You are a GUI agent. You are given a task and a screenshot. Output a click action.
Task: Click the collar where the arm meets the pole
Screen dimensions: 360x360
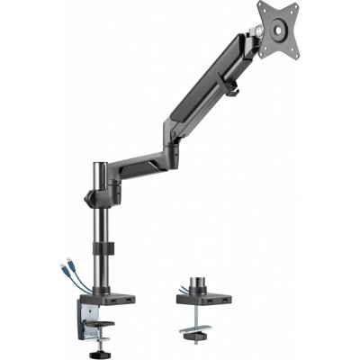pos(97,193)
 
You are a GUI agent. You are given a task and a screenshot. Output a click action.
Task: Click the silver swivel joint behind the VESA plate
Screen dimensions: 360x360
pos(259,33)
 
